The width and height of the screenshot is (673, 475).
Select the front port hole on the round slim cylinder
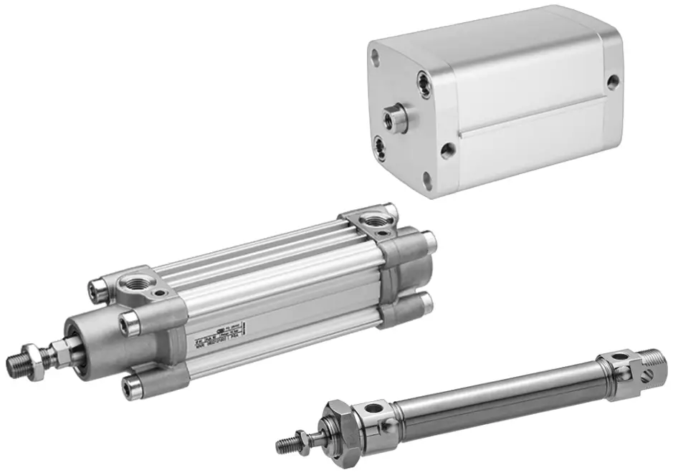pyautogui.click(x=373, y=410)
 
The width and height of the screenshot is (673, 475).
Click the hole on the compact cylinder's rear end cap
pyautogui.click(x=613, y=82)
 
